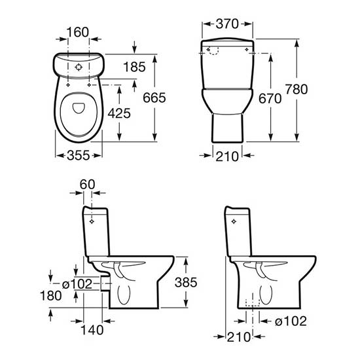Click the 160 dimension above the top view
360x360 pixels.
[78, 32]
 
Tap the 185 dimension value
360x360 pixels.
[134, 67]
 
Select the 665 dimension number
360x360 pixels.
[154, 98]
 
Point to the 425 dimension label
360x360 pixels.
[119, 113]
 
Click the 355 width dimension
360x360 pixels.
[79, 156]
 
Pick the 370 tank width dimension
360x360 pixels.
[227, 24]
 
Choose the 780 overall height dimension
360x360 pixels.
[297, 89]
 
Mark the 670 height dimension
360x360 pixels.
[270, 99]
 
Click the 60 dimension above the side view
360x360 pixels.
[87, 185]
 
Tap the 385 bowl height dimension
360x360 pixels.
[186, 282]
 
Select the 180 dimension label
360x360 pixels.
[51, 295]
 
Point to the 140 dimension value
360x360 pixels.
[92, 330]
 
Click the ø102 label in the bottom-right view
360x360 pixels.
[291, 321]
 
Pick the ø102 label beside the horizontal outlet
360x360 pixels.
[77, 284]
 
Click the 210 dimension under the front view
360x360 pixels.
[227, 156]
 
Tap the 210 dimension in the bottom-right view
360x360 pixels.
[238, 337]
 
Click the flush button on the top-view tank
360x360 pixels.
[79, 67]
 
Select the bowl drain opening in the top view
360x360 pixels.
[79, 108]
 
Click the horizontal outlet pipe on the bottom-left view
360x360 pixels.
[105, 284]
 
